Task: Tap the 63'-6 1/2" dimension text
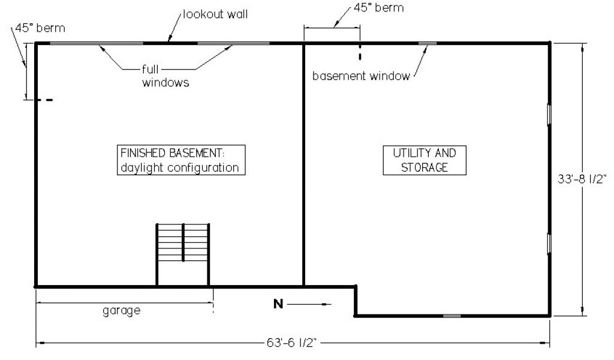291,343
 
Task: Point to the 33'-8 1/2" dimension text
582,179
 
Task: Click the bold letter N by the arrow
278,304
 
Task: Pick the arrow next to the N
309,304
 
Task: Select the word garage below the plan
121,311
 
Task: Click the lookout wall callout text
215,14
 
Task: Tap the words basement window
361,76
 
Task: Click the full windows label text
165,76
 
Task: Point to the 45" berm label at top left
40,28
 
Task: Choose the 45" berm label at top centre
379,8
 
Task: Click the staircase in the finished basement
183,254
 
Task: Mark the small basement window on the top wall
428,43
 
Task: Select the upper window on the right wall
549,115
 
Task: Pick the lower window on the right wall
549,244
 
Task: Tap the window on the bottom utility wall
452,316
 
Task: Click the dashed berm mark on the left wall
44,100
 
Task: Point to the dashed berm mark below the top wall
360,52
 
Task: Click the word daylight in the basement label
142,168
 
